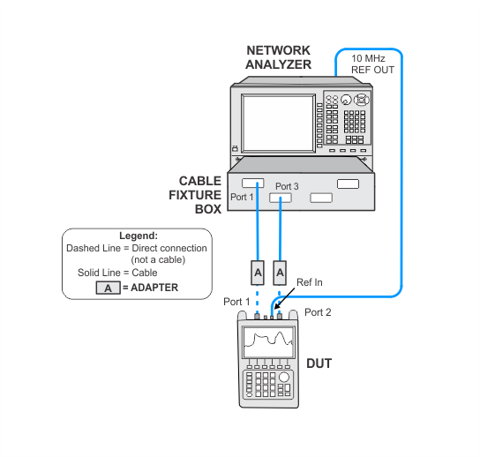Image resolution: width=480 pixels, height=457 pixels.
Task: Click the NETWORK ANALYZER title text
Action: pos(279,57)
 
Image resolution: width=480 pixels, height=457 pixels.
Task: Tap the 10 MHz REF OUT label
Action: pos(372,64)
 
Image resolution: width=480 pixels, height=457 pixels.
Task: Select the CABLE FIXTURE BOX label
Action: pos(195,195)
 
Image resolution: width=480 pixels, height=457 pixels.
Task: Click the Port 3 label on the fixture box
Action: pos(287,186)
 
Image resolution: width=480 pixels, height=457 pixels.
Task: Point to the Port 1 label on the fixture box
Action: pos(242,197)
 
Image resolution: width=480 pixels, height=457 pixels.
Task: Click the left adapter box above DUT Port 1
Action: pos(258,273)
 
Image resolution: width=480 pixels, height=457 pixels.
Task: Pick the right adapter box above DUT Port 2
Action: pos(280,273)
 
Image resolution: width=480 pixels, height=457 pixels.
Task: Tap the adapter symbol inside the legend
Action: pos(108,288)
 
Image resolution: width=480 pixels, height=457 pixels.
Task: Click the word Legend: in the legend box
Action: pos(139,236)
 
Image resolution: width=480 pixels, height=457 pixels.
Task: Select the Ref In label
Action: pos(310,282)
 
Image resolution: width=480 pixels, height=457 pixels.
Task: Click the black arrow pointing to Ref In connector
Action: pos(285,298)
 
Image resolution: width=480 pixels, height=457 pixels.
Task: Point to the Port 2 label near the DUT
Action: pos(318,312)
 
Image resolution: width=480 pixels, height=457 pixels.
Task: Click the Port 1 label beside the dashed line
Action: pos(236,302)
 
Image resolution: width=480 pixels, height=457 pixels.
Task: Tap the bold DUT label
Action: pos(319,363)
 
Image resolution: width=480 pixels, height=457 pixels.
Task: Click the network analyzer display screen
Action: pos(278,124)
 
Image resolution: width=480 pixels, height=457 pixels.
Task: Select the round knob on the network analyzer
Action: pos(346,100)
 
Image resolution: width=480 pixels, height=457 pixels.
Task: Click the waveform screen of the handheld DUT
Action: pos(268,342)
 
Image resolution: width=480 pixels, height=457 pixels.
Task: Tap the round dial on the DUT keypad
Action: pos(284,377)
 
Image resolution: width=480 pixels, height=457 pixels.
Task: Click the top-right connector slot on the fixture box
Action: pos(348,184)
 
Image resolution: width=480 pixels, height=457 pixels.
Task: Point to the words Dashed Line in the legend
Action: pos(94,248)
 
